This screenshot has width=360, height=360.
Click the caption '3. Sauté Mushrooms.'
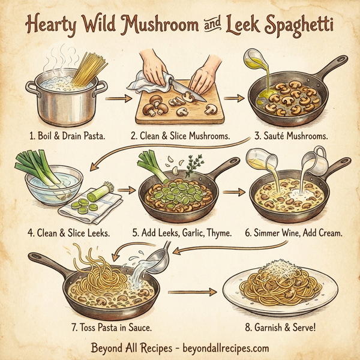[290, 136]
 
